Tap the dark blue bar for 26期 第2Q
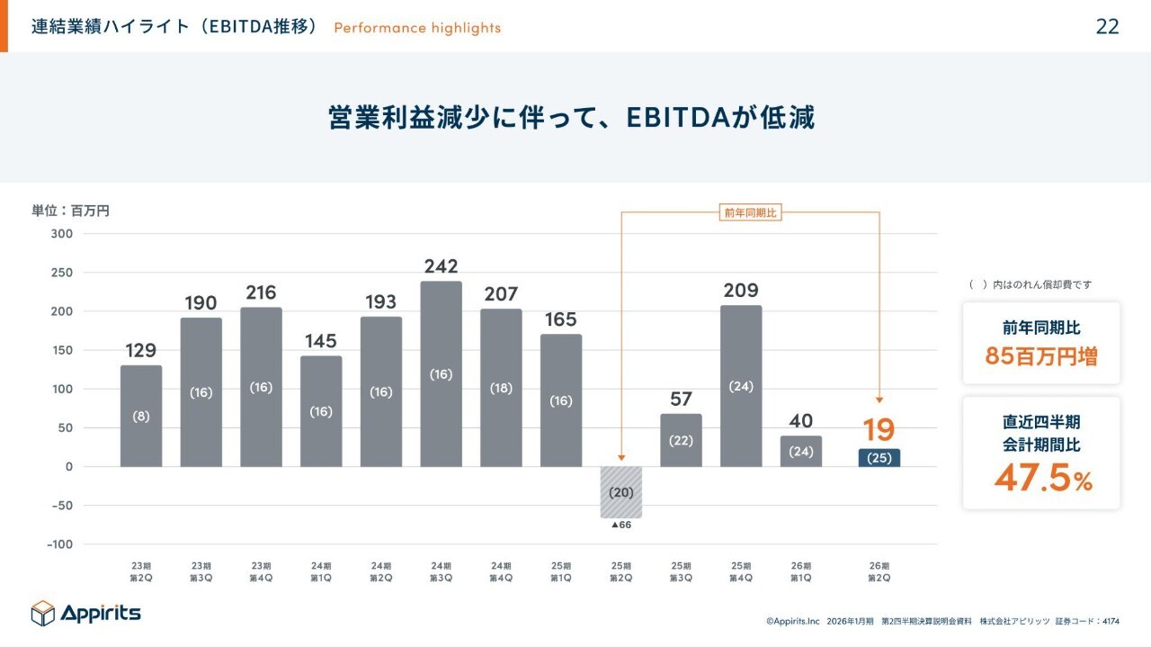(x=879, y=457)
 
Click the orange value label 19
(x=879, y=430)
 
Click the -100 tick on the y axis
(x=59, y=544)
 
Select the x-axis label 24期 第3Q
(x=441, y=571)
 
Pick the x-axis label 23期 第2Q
(x=140, y=571)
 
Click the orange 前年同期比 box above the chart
(x=750, y=212)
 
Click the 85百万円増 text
(x=1041, y=355)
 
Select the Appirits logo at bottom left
(x=86, y=613)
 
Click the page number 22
(x=1107, y=26)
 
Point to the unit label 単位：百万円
(x=71, y=211)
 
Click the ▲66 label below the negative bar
(x=620, y=525)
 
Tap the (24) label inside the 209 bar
(x=741, y=386)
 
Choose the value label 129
(x=141, y=350)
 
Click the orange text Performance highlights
(x=417, y=28)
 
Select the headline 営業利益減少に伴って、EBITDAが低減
(x=572, y=118)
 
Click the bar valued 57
(x=681, y=440)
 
